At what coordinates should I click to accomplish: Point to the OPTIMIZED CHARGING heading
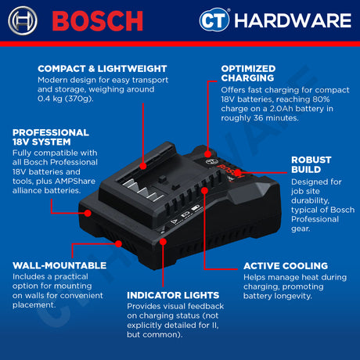click(x=259, y=73)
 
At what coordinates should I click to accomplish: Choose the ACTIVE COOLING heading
click(x=286, y=265)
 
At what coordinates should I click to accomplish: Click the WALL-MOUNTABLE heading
click(x=59, y=265)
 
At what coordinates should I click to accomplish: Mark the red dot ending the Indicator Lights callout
click(x=161, y=243)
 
